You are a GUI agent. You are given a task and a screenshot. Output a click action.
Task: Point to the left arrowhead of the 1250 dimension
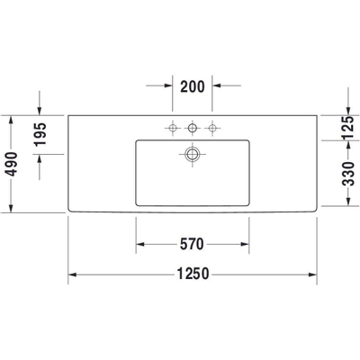click(73, 274)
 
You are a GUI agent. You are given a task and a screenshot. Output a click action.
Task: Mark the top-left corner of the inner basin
click(137, 140)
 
